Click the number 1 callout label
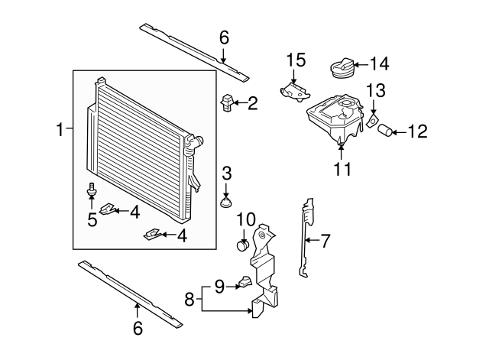[60, 131]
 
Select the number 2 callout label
[252, 102]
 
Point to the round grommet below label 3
[225, 203]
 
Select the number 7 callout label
[325, 242]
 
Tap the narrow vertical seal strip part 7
[307, 237]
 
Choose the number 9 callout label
[219, 287]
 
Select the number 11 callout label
[343, 169]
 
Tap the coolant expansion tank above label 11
[335, 119]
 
